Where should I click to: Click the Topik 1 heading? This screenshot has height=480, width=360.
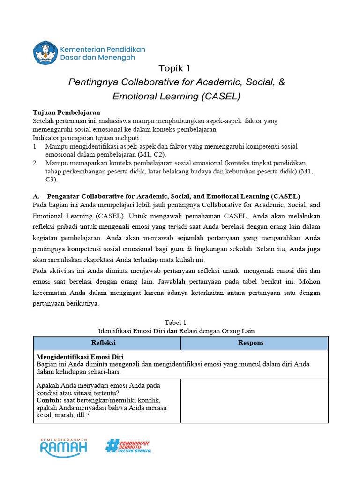click(175, 68)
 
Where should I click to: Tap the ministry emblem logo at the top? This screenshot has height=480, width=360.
click(45, 52)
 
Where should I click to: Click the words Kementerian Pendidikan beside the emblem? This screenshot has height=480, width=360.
click(103, 49)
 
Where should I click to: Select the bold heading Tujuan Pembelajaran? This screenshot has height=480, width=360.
click(66, 112)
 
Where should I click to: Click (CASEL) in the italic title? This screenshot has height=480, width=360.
click(220, 97)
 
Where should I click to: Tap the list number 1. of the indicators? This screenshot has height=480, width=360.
click(36, 147)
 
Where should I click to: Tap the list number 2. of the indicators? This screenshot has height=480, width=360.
click(36, 163)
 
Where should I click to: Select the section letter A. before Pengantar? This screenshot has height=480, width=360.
click(36, 196)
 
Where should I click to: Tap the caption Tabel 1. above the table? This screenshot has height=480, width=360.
click(176, 322)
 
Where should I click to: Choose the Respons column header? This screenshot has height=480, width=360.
click(251, 343)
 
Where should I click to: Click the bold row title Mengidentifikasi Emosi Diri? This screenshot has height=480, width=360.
click(80, 357)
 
